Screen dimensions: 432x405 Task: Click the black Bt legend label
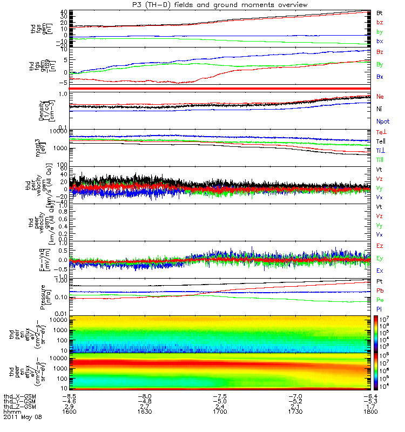coord(380,12)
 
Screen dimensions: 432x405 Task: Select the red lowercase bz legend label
coord(380,22)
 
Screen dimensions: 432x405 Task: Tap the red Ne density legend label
coord(380,96)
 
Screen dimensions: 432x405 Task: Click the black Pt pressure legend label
coord(380,282)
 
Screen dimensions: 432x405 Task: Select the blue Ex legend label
coord(380,270)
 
